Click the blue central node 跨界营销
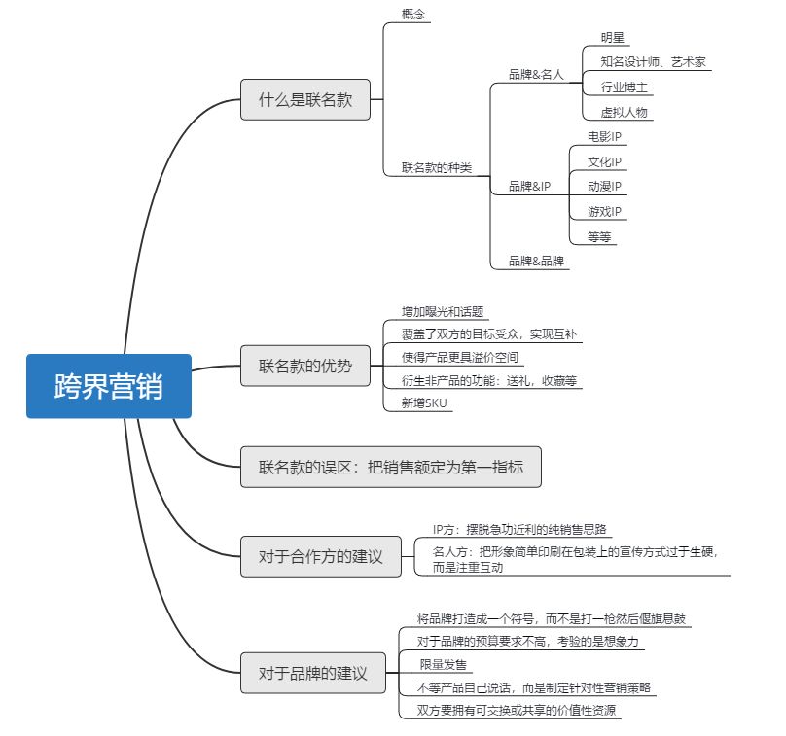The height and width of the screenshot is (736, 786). pyautogui.click(x=109, y=386)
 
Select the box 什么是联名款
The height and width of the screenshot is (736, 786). pyautogui.click(x=305, y=99)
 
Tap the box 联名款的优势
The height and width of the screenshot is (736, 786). pyautogui.click(x=305, y=367)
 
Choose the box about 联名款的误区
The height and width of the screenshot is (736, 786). pyautogui.click(x=390, y=467)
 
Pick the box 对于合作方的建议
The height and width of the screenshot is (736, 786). pyautogui.click(x=320, y=557)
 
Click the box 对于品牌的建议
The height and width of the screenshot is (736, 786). pyautogui.click(x=312, y=673)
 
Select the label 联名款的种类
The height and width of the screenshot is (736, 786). pyautogui.click(x=436, y=167)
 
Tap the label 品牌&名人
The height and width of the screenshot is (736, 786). pyautogui.click(x=536, y=74)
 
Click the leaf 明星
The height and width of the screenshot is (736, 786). pyautogui.click(x=613, y=38)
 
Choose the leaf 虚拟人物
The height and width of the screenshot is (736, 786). pyautogui.click(x=624, y=113)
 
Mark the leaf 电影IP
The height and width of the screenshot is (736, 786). pyautogui.click(x=604, y=136)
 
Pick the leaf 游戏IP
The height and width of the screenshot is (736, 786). pyautogui.click(x=604, y=211)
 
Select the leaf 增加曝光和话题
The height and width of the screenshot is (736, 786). pyautogui.click(x=443, y=312)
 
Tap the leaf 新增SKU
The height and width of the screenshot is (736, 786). pyautogui.click(x=425, y=403)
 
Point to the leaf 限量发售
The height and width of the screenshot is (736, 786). pyautogui.click(x=443, y=664)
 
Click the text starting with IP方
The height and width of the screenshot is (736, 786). pyautogui.click(x=519, y=529)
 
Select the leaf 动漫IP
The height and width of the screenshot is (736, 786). pyautogui.click(x=604, y=186)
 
